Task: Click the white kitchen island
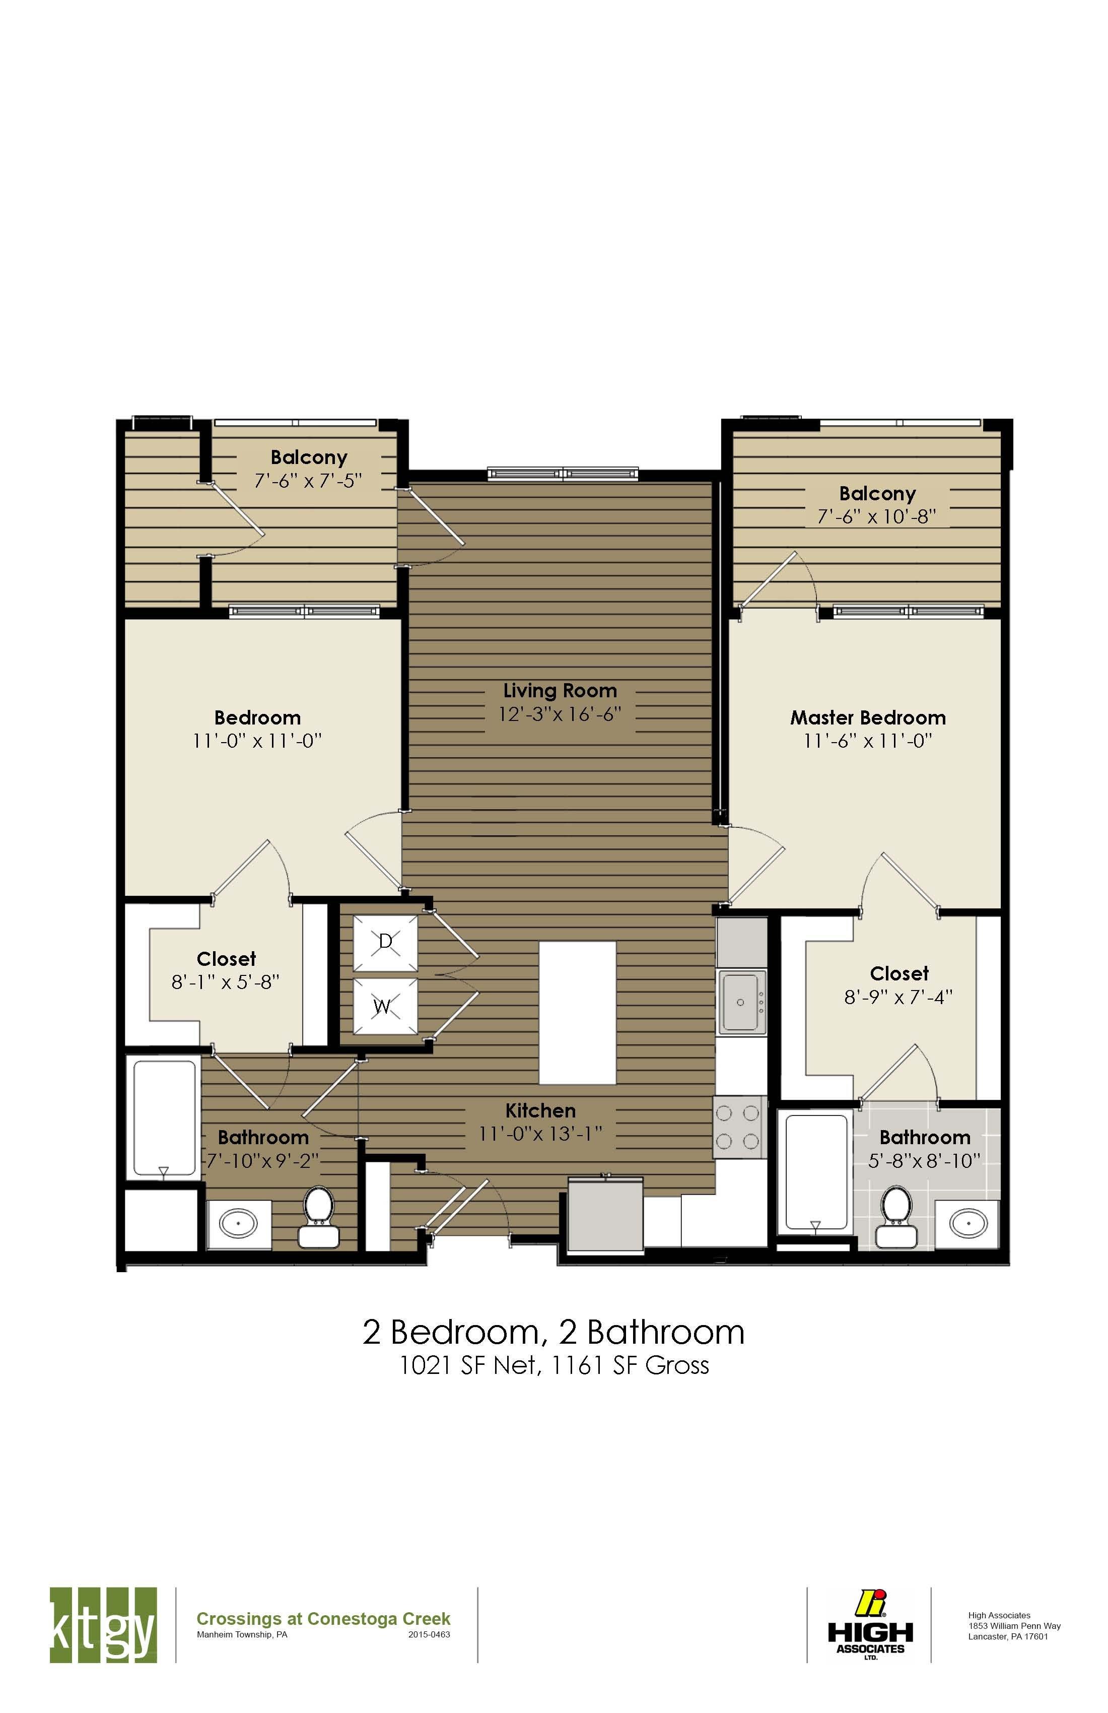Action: click(577, 1012)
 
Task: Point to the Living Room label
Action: click(560, 691)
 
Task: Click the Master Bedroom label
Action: click(868, 717)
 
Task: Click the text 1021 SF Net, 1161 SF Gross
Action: click(554, 1365)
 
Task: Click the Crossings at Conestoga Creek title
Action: click(323, 1619)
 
